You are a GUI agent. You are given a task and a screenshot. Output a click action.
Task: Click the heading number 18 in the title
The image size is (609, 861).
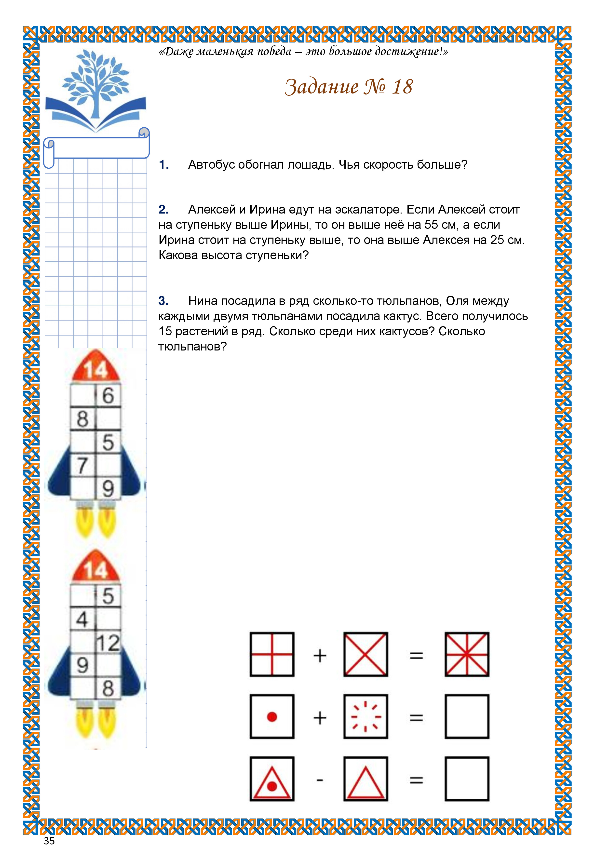coord(402,87)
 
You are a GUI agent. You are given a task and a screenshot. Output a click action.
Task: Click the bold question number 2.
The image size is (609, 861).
coord(163,209)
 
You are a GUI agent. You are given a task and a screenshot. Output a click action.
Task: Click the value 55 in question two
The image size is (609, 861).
coord(431,225)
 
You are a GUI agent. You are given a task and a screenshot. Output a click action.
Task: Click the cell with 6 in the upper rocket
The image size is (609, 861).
coord(108,395)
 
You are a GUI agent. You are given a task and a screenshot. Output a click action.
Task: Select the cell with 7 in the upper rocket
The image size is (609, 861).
coord(82,465)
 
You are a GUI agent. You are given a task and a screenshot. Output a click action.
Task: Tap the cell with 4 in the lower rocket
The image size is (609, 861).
coord(82,619)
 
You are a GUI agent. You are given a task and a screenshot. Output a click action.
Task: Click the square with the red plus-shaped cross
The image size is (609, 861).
coord(272,654)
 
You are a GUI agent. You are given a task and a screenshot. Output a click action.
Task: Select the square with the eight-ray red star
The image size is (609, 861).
coord(467,654)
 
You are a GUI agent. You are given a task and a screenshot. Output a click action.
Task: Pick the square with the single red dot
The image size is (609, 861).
coord(272,717)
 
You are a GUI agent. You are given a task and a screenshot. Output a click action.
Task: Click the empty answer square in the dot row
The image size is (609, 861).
coord(467,717)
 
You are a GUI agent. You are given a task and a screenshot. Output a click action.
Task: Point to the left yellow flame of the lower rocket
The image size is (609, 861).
coord(85,722)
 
